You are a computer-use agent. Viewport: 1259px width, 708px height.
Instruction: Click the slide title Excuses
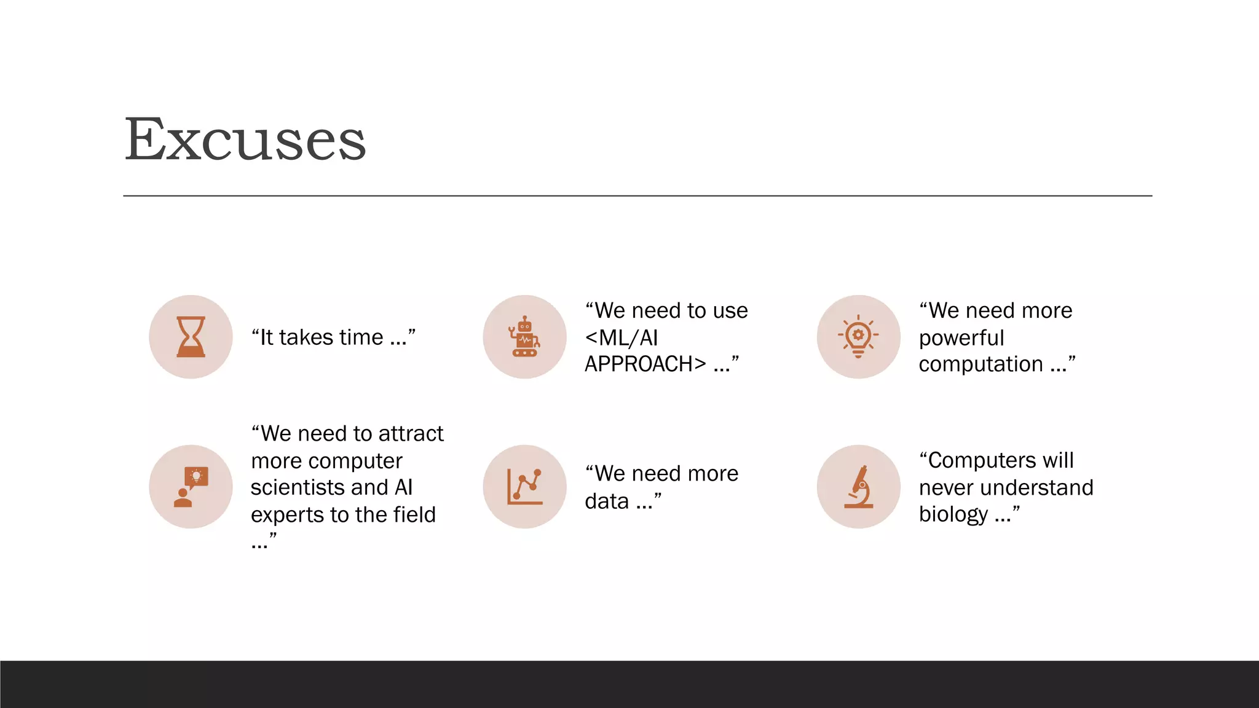(245, 140)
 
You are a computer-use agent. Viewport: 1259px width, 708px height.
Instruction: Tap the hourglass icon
(191, 337)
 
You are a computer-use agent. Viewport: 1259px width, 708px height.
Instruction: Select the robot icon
(524, 337)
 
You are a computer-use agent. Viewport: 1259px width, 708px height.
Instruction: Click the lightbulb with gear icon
(858, 337)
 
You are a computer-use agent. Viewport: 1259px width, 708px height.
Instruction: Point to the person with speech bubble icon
(191, 487)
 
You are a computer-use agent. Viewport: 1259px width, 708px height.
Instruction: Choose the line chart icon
(524, 487)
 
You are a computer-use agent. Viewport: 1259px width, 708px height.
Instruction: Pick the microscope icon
(858, 487)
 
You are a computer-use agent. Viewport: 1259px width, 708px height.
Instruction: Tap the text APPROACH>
(645, 364)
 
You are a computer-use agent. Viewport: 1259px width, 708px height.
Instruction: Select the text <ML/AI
(622, 338)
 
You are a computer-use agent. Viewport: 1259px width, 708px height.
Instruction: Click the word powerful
(961, 338)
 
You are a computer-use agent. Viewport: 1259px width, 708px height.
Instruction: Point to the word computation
(981, 364)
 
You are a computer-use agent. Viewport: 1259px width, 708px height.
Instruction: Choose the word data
(607, 502)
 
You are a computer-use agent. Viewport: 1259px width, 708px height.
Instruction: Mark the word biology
(953, 514)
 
